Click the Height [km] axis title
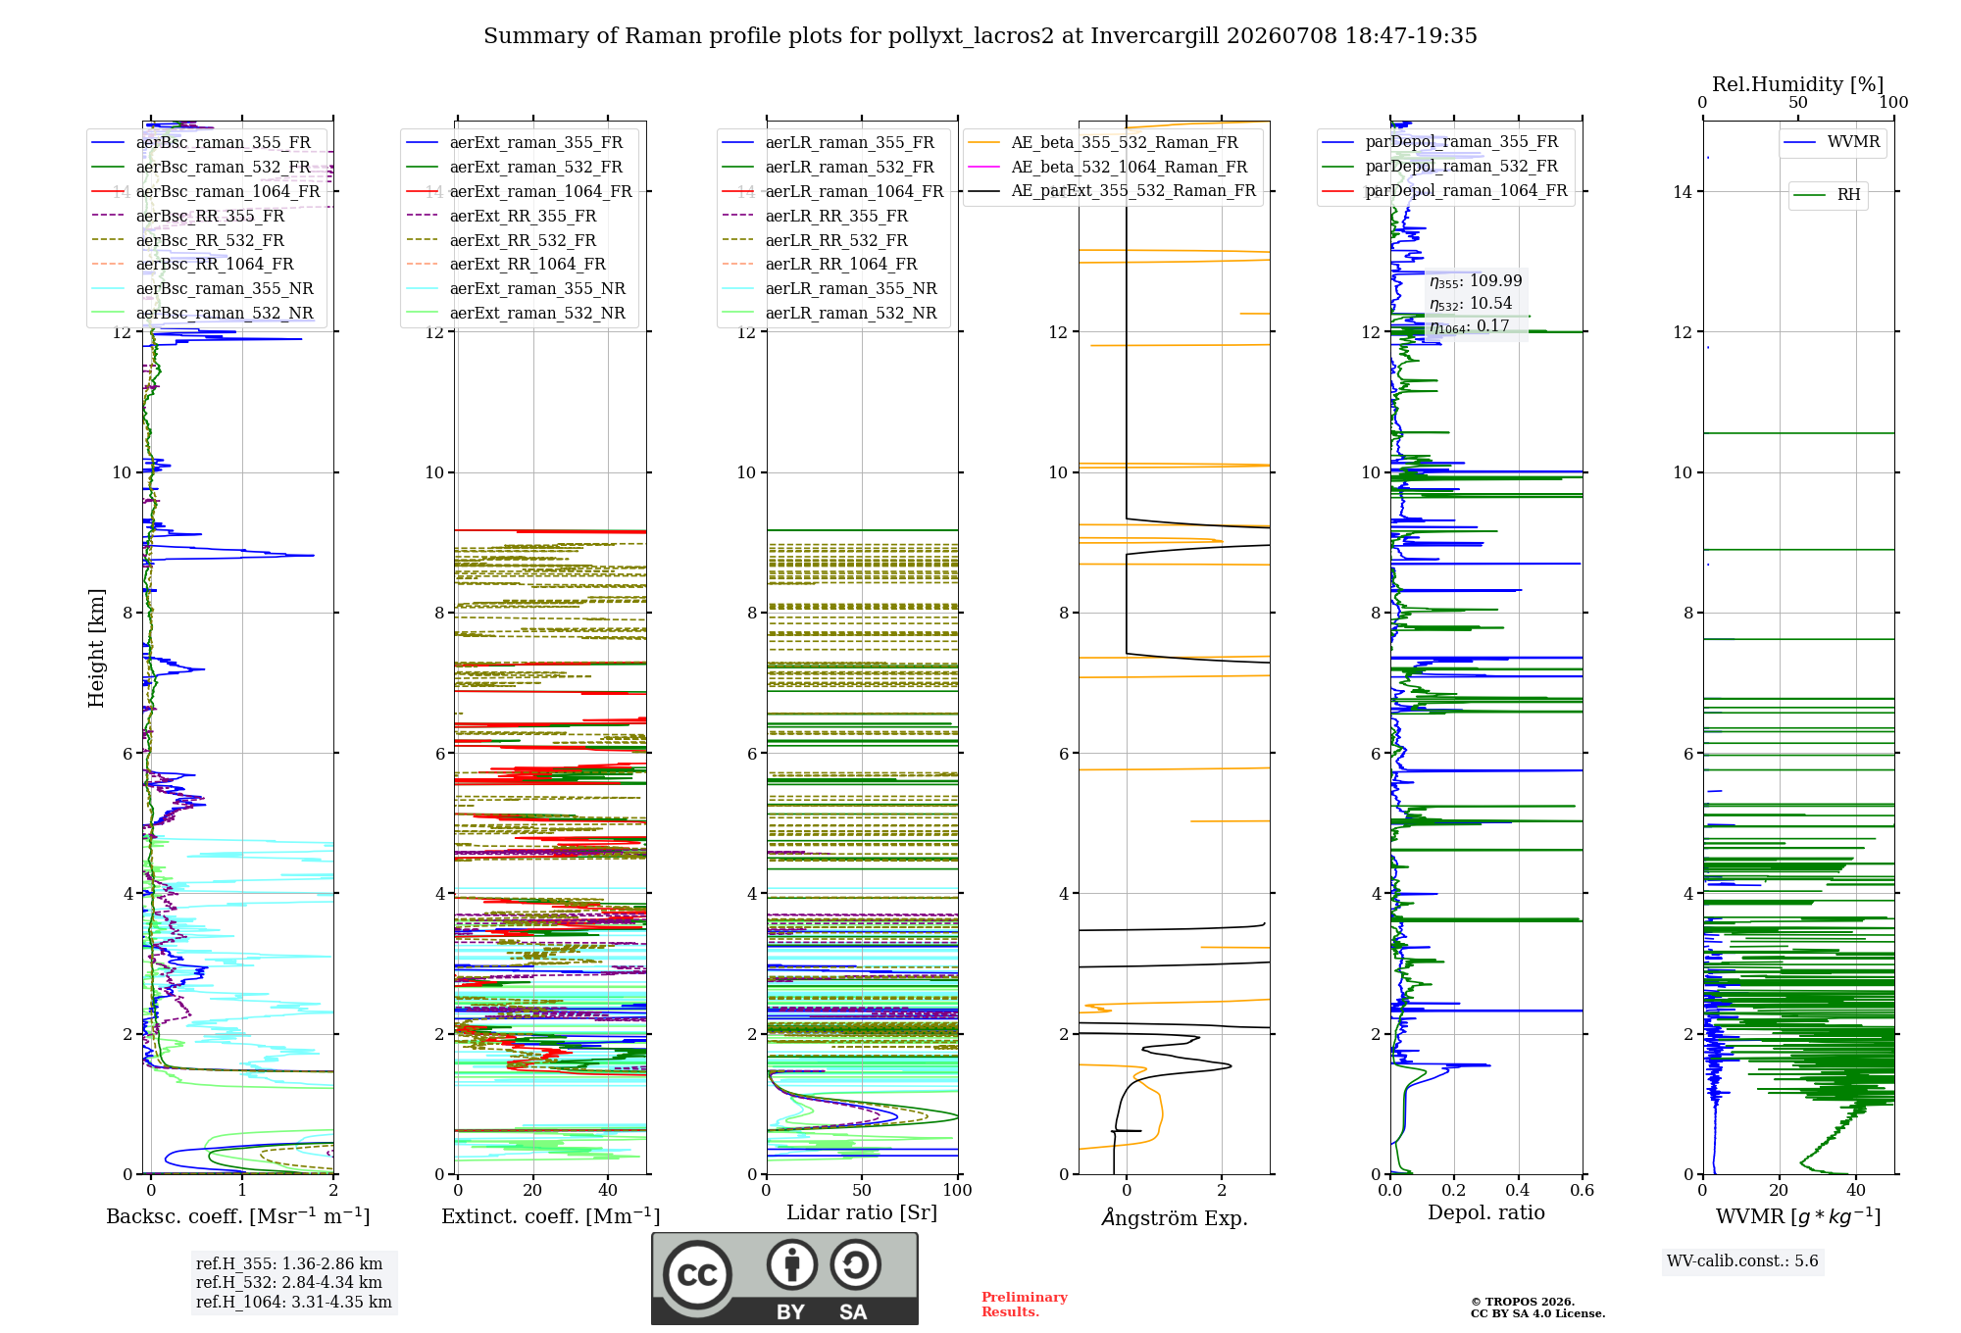(96, 648)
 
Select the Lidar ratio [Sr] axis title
(862, 1212)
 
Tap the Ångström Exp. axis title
(1175, 1217)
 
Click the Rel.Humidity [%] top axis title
(1798, 84)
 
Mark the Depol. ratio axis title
(1486, 1212)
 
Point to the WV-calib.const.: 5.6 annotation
(1742, 1260)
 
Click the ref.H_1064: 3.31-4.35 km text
(294, 1302)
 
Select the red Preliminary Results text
(1025, 1305)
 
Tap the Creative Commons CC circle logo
(697, 1275)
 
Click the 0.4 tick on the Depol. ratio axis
(1518, 1190)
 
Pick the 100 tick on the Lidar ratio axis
(957, 1190)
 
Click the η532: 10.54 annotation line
(1471, 304)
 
